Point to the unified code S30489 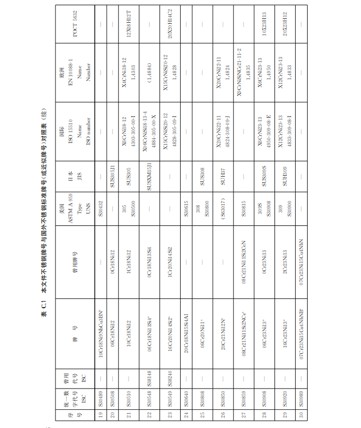[100, 401]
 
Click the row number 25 [202, 415]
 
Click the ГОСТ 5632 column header [76, 24]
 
